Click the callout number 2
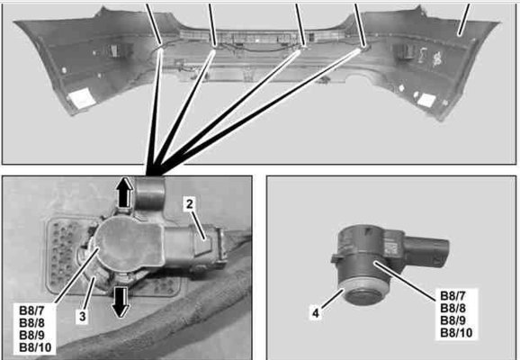point(189,204)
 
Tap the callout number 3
point(83,316)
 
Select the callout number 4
point(316,312)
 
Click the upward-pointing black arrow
point(125,193)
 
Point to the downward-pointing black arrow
point(121,301)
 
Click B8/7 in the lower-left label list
point(31,310)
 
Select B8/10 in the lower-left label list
point(35,347)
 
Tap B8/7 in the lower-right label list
point(453,295)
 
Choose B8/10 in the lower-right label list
point(456,332)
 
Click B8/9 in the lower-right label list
point(453,320)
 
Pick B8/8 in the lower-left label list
point(31,323)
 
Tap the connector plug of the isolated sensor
point(427,251)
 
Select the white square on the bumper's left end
point(82,97)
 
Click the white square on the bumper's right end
point(426,100)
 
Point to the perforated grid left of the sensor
point(64,253)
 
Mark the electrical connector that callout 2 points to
point(208,245)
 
